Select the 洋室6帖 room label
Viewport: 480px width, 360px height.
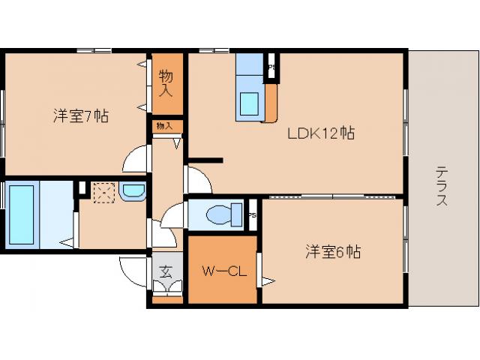332,251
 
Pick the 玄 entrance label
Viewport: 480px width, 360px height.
166,271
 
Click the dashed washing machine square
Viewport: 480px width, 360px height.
103,193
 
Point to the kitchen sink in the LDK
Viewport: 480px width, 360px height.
249,103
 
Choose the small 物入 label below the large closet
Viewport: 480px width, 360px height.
165,126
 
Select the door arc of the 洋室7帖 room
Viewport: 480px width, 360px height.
136,159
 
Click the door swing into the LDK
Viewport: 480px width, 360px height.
196,180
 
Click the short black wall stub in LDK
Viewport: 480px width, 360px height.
205,160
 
